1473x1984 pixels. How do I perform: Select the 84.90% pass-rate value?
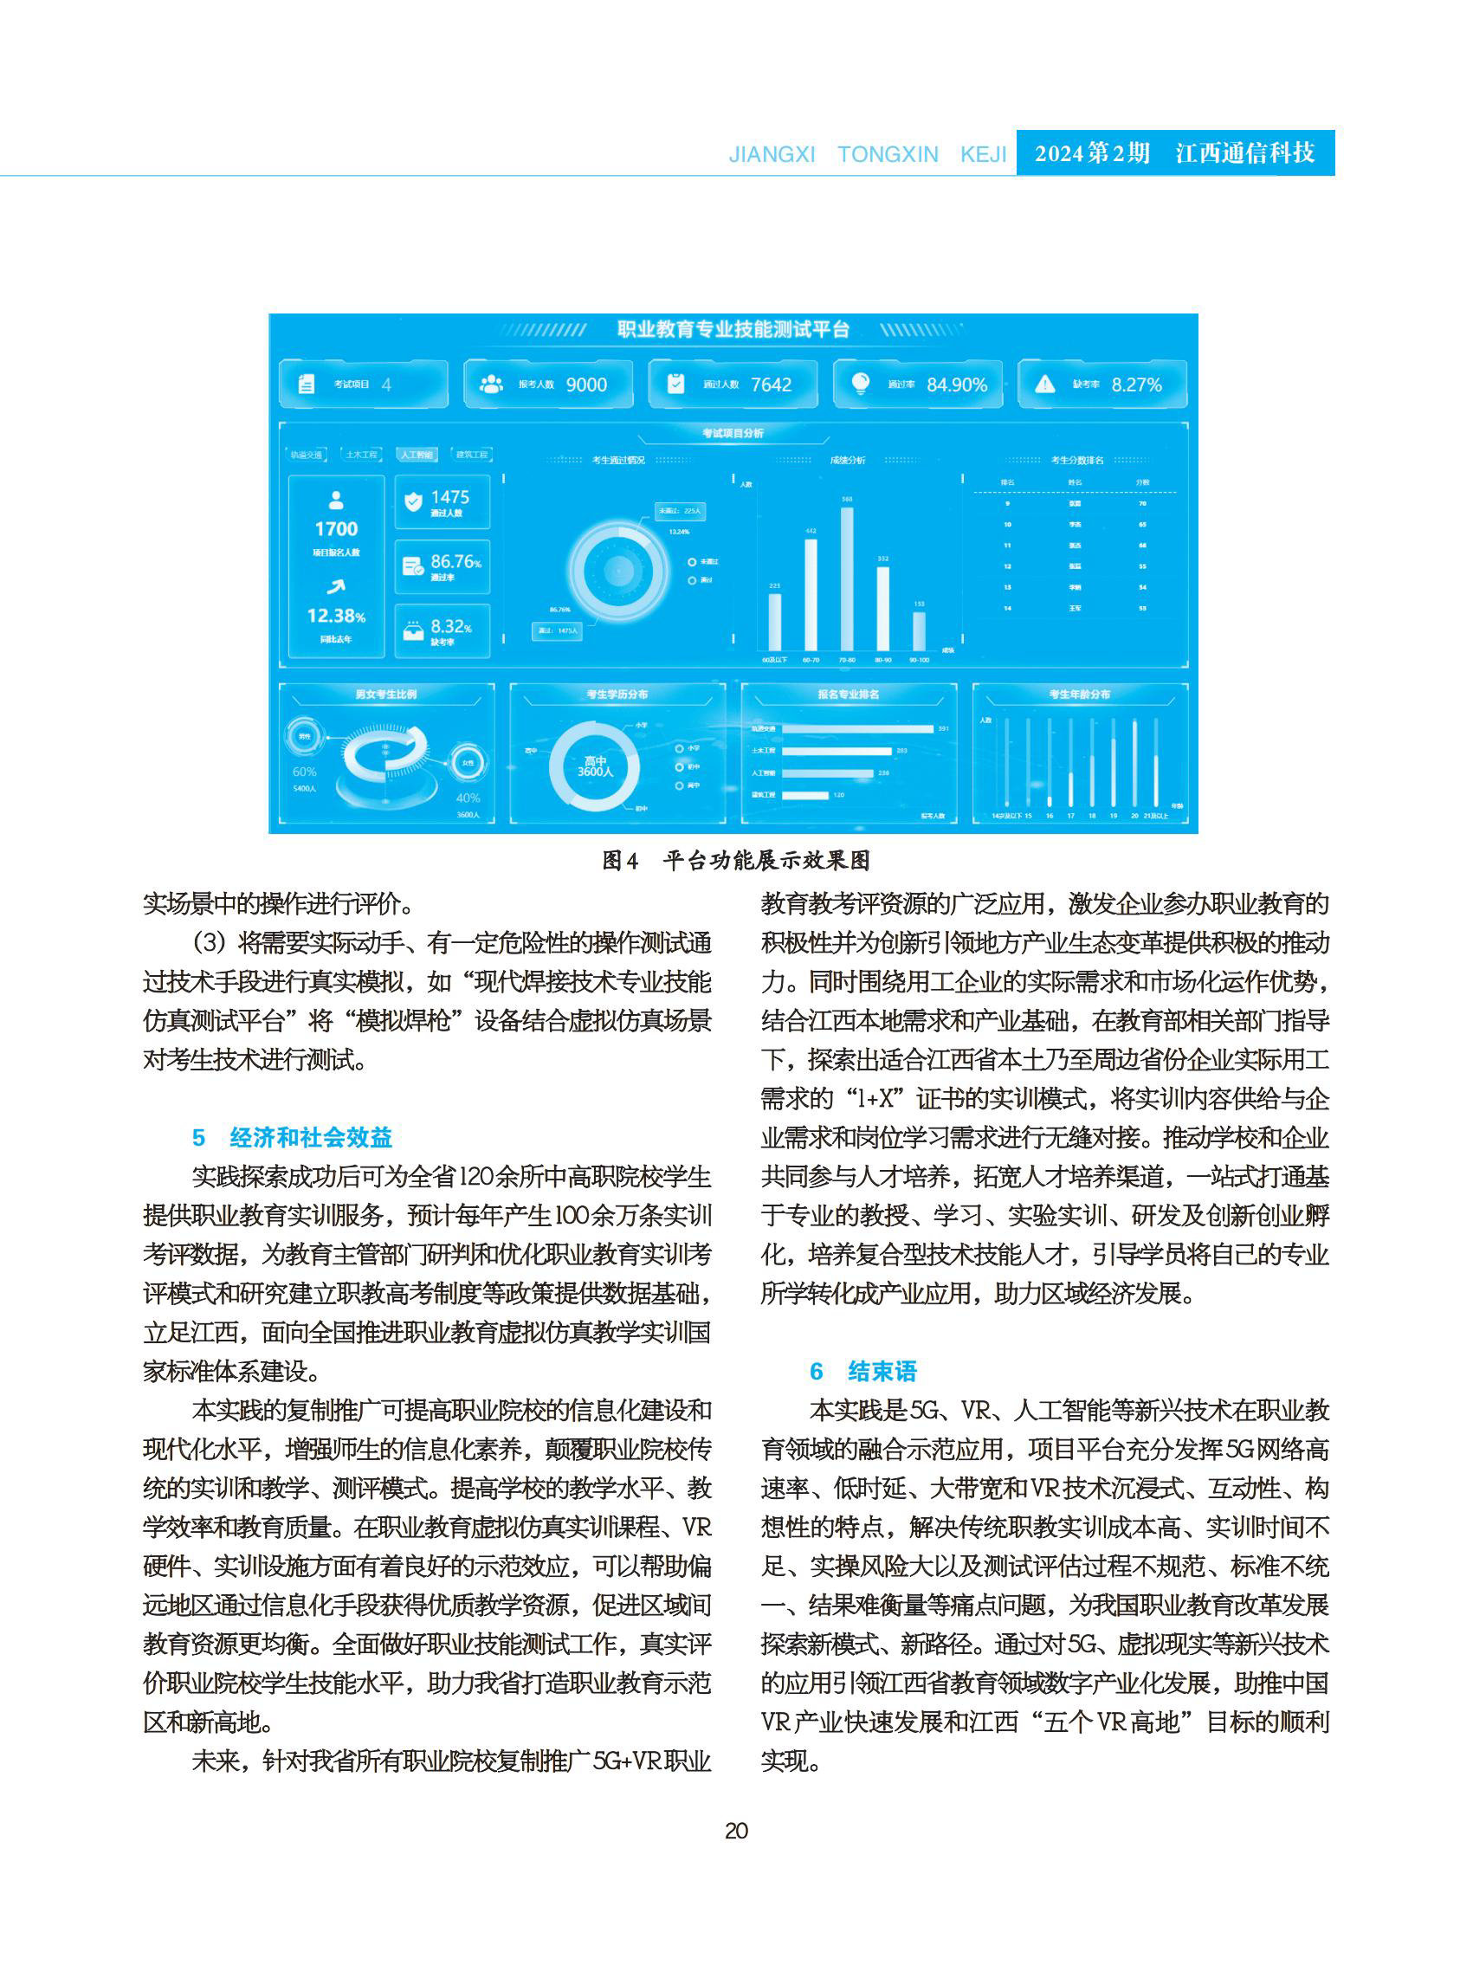point(956,385)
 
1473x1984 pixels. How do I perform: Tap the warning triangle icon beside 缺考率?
point(1044,384)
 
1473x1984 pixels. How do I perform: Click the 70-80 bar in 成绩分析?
point(846,578)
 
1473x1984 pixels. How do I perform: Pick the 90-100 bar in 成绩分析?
point(919,630)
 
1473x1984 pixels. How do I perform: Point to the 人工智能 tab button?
point(417,455)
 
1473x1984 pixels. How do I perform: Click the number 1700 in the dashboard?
point(336,529)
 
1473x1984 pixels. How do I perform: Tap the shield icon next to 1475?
point(413,502)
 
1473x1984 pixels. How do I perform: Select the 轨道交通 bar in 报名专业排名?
point(857,728)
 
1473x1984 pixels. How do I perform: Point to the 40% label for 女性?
point(468,798)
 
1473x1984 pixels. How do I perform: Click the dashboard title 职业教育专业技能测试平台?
point(733,329)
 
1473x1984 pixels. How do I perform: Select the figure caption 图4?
point(620,861)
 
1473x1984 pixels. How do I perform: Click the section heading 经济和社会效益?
point(310,1137)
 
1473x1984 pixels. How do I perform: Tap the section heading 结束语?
point(881,1371)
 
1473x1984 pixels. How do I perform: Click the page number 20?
point(735,1831)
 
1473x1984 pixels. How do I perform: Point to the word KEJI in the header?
point(983,154)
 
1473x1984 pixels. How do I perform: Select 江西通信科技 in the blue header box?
point(1244,153)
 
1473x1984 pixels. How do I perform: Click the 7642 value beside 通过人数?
point(771,385)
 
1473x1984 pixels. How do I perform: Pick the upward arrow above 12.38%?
point(335,585)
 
